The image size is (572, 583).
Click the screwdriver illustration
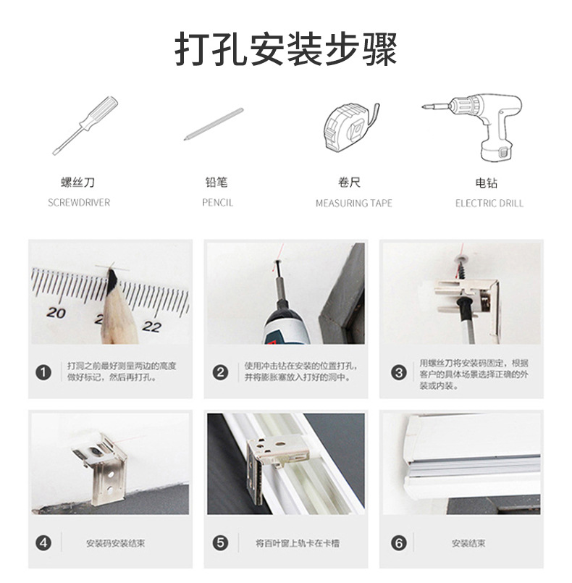click(x=85, y=125)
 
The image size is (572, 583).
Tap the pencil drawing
click(x=214, y=124)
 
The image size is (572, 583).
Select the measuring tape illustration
click(x=351, y=127)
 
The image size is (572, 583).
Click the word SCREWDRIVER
click(x=79, y=203)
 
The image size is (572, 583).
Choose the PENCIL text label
click(x=218, y=203)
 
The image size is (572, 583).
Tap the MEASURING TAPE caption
click(x=354, y=204)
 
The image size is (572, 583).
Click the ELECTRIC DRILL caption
click(x=489, y=204)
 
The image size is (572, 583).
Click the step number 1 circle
click(x=43, y=372)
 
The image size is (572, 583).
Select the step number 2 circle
click(x=220, y=372)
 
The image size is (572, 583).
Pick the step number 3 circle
click(x=399, y=372)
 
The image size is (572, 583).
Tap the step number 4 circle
click(x=43, y=543)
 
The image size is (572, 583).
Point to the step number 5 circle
click(x=220, y=543)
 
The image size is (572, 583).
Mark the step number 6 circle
click(x=399, y=544)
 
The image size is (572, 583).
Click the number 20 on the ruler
click(x=56, y=313)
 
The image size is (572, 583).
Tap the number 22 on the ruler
click(x=151, y=327)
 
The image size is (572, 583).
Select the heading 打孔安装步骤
click(x=286, y=49)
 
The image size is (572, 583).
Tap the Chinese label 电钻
click(x=486, y=183)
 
